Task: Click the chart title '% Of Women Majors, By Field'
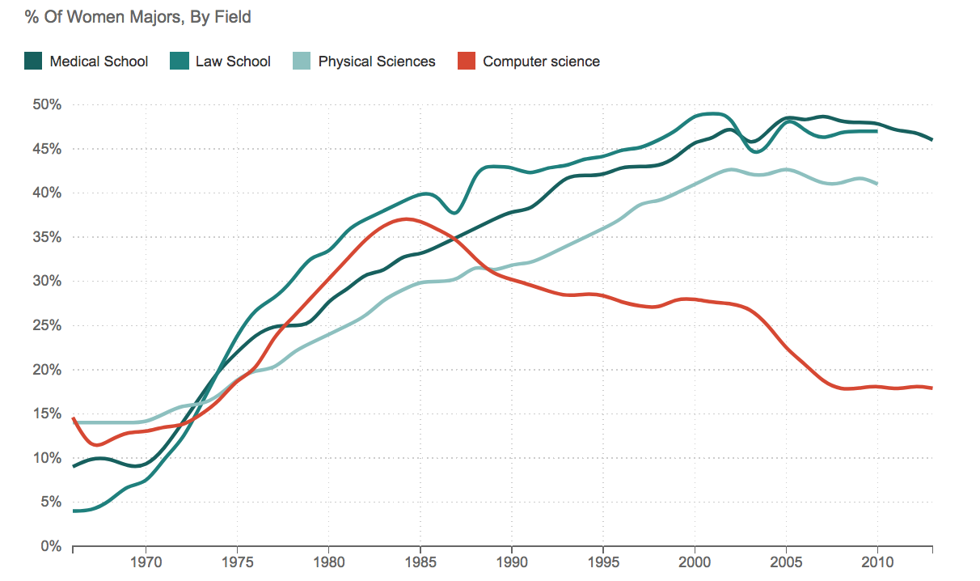pyautogui.click(x=137, y=16)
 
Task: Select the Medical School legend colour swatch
pyautogui.click(x=33, y=61)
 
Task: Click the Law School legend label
pyautogui.click(x=233, y=61)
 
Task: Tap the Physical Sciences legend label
pyautogui.click(x=377, y=61)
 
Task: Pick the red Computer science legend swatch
pyautogui.click(x=466, y=61)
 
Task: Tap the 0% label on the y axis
pyautogui.click(x=51, y=546)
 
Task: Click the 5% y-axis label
pyautogui.click(x=51, y=502)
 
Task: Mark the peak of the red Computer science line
pyautogui.click(x=407, y=218)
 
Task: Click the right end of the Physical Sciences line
pyautogui.click(x=877, y=184)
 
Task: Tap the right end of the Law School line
pyautogui.click(x=877, y=131)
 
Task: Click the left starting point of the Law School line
pyautogui.click(x=74, y=511)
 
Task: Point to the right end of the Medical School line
pyautogui.click(x=931, y=140)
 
